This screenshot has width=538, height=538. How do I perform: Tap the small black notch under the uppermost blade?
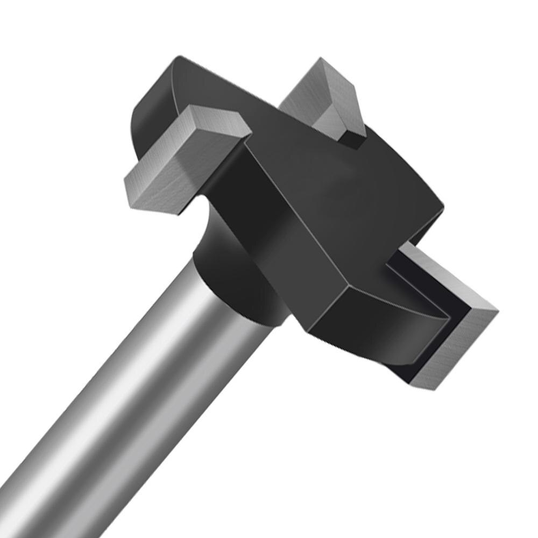(350, 141)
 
